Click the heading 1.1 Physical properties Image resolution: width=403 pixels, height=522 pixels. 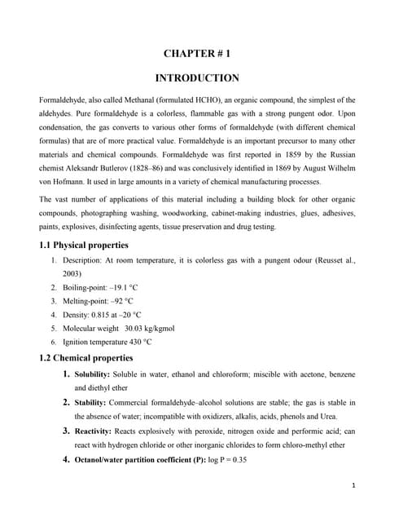point(83,245)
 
